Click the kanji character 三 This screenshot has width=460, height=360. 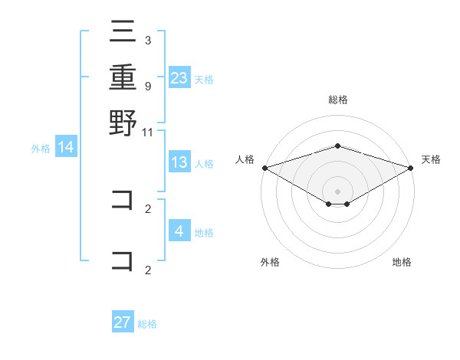tap(123, 33)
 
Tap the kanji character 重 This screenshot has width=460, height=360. tap(123, 77)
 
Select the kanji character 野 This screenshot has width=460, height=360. tap(123, 122)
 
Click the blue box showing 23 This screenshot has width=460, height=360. tap(179, 77)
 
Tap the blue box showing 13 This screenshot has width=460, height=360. tap(179, 162)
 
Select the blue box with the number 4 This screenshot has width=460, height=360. tap(179, 231)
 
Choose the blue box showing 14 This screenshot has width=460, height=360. tap(66, 147)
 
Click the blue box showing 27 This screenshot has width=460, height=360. tap(123, 322)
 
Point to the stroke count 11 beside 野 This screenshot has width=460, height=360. tap(148, 133)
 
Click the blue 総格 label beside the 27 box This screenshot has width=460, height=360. tap(147, 324)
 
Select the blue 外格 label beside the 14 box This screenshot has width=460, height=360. tap(41, 149)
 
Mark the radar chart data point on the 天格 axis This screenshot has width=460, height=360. tap(412, 168)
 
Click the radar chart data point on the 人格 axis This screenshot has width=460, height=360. tap(264, 168)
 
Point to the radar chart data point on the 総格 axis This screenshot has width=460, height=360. tap(337, 146)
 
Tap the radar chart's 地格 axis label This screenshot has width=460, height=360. tap(402, 263)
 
